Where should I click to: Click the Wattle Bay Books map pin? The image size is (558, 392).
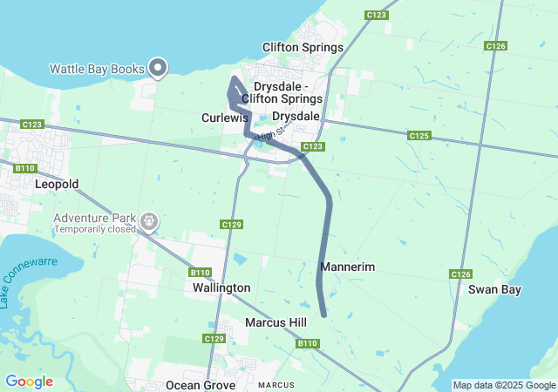pyautogui.click(x=158, y=66)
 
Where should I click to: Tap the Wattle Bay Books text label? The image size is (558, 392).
pyautogui.click(x=97, y=68)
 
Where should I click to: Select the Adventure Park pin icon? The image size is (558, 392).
pyautogui.click(x=150, y=222)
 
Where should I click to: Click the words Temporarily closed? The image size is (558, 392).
pyautogui.click(x=95, y=230)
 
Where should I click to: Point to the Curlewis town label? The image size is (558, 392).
pyautogui.click(x=225, y=117)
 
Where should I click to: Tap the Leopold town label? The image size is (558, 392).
pyautogui.click(x=57, y=185)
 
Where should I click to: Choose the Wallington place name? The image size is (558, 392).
pyautogui.click(x=221, y=287)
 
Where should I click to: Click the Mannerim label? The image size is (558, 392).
pyautogui.click(x=348, y=267)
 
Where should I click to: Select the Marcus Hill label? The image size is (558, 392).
pyautogui.click(x=276, y=322)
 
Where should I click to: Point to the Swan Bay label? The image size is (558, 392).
pyautogui.click(x=494, y=289)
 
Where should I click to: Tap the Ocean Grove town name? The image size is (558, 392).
pyautogui.click(x=201, y=385)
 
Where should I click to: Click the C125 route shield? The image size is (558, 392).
pyautogui.click(x=418, y=135)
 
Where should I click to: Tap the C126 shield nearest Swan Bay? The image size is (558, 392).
pyautogui.click(x=461, y=274)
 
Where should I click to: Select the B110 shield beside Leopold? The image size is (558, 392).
pyautogui.click(x=24, y=166)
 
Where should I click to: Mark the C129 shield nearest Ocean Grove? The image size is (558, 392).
pyautogui.click(x=214, y=338)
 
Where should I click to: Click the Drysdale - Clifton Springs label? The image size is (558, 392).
pyautogui.click(x=288, y=93)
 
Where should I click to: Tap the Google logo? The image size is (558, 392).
pyautogui.click(x=29, y=382)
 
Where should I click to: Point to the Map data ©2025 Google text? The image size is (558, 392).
pyautogui.click(x=503, y=385)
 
